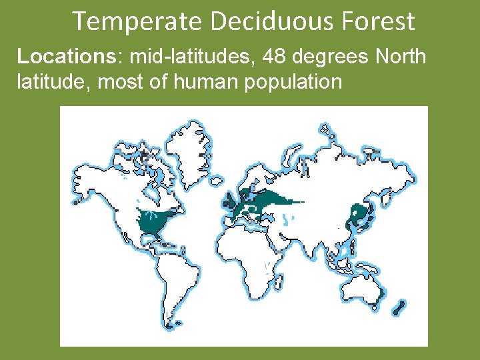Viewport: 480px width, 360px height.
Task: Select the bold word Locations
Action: click(66, 57)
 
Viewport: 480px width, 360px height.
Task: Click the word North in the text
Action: click(401, 57)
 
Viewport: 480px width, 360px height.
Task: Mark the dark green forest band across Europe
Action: click(267, 201)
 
